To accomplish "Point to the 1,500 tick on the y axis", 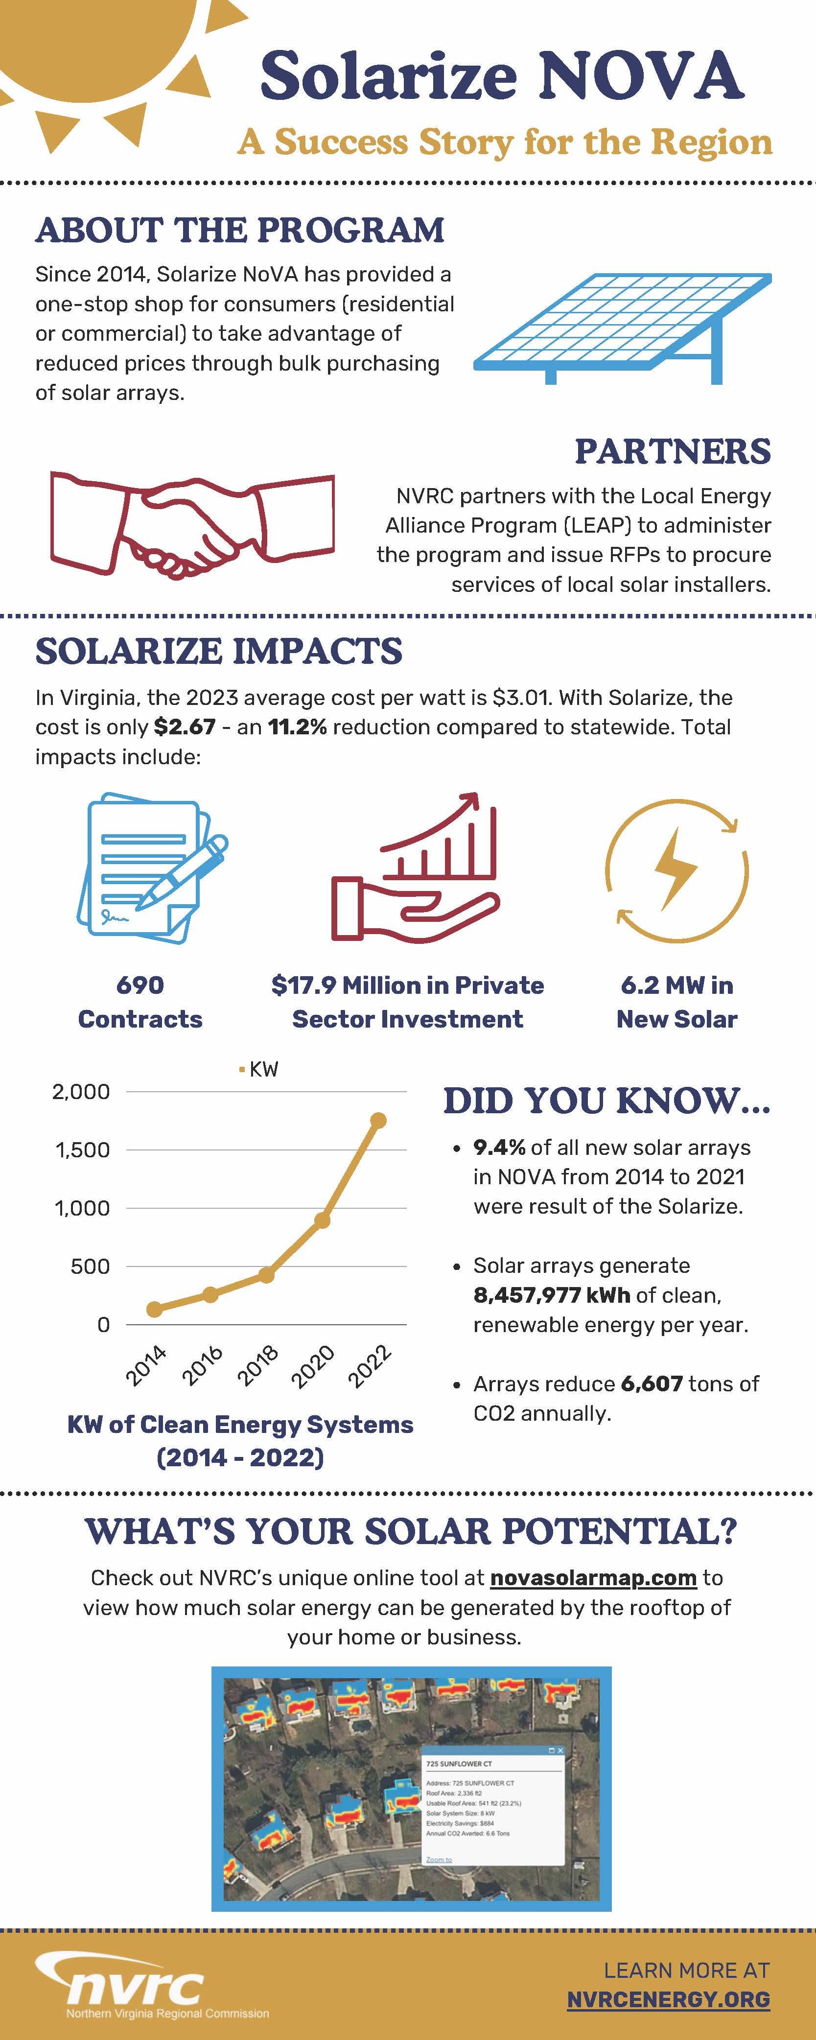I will pyautogui.click(x=82, y=1150).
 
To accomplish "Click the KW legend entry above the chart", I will pyautogui.click(x=259, y=1069).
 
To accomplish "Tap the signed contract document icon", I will pyautogui.click(x=150, y=867).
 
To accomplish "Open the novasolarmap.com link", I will pyautogui.click(x=593, y=1577).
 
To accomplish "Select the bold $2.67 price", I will pyautogui.click(x=185, y=727).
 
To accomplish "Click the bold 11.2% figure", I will pyautogui.click(x=297, y=727).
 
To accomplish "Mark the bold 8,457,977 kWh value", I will pyautogui.click(x=552, y=1295).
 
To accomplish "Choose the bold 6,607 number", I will pyautogui.click(x=652, y=1383).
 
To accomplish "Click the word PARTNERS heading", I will pyautogui.click(x=672, y=451).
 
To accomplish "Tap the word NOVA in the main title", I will pyautogui.click(x=641, y=75).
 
